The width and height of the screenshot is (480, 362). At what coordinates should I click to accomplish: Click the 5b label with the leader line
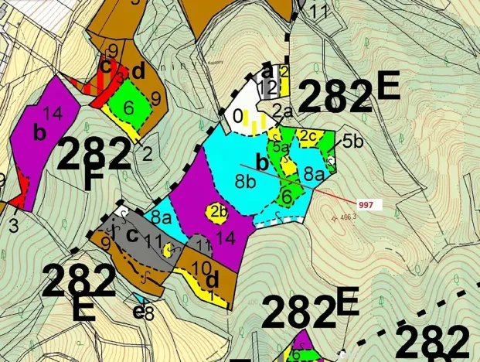click(x=352, y=141)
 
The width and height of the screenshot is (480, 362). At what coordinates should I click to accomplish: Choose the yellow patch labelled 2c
click(x=307, y=138)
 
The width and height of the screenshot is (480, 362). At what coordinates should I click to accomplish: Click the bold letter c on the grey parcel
click(x=132, y=234)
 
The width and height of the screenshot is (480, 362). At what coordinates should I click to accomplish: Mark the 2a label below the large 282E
click(x=281, y=112)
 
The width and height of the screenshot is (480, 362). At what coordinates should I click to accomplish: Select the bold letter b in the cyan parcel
click(x=262, y=164)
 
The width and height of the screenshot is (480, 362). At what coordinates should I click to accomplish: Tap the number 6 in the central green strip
click(x=287, y=195)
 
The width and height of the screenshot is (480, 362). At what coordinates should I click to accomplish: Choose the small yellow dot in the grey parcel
click(x=168, y=249)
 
